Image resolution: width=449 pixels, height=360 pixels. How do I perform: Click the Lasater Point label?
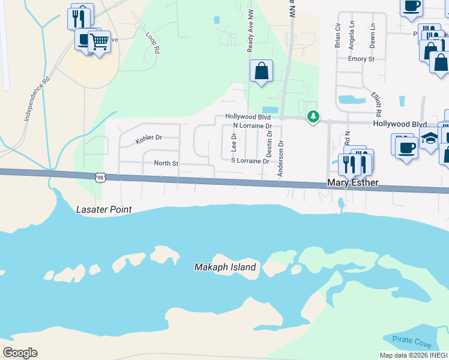click(x=104, y=210)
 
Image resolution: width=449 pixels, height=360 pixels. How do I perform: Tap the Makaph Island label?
click(x=225, y=267)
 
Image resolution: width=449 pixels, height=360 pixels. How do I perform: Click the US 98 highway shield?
click(x=100, y=177)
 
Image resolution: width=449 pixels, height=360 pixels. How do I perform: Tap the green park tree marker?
click(x=312, y=116)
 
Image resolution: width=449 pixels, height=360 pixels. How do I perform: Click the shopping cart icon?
click(x=99, y=42)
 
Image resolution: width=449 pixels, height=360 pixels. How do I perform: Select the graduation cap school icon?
click(x=429, y=139)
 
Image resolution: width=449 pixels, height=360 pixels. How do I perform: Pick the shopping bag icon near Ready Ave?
click(x=261, y=71)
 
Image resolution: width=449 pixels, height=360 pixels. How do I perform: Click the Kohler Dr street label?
click(x=149, y=139)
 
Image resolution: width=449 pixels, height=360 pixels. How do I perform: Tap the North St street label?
click(x=166, y=163)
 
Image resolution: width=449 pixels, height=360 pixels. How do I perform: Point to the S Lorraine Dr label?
click(x=250, y=161)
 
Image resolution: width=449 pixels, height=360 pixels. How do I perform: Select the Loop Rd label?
click(x=152, y=43)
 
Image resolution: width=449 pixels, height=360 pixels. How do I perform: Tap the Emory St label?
click(x=361, y=59)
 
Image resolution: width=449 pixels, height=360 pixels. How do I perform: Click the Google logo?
click(x=20, y=353)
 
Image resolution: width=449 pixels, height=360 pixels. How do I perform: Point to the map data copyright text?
click(x=414, y=355)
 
